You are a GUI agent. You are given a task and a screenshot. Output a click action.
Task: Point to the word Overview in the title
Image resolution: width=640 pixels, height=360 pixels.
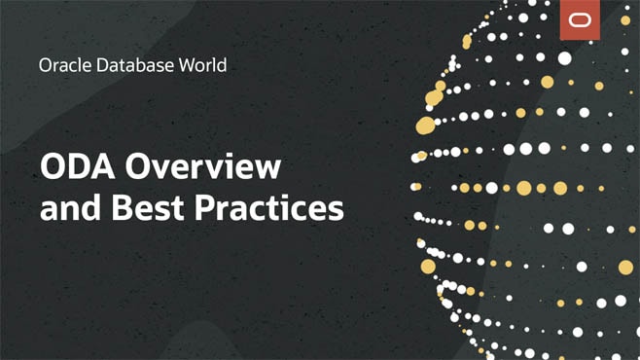click(205, 167)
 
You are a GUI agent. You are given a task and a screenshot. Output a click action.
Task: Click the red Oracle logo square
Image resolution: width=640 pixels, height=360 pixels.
click(581, 20)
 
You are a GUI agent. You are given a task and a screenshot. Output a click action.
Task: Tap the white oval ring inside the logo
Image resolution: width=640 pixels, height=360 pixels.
click(581, 20)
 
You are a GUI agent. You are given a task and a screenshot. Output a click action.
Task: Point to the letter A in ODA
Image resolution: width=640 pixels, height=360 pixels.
click(105, 167)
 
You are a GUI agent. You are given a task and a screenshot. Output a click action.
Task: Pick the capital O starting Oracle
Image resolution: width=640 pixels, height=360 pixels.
click(45, 66)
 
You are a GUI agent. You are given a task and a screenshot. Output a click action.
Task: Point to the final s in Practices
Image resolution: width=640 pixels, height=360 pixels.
click(336, 210)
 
